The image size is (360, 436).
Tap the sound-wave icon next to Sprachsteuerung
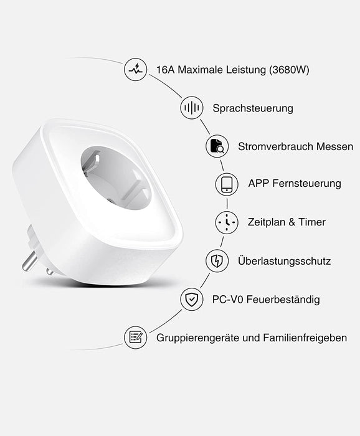pyautogui.click(x=191, y=108)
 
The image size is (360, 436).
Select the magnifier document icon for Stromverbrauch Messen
pyautogui.click(x=217, y=147)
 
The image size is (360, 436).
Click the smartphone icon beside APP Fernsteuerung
pyautogui.click(x=227, y=184)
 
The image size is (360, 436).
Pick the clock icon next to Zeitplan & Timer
pyautogui.click(x=227, y=222)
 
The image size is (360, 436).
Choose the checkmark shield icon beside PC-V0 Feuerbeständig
pyautogui.click(x=191, y=300)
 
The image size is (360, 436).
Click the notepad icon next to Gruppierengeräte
pyautogui.click(x=135, y=338)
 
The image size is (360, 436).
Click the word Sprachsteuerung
pyautogui.click(x=252, y=108)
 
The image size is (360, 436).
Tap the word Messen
pyautogui.click(x=335, y=147)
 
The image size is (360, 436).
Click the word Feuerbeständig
pyautogui.click(x=283, y=300)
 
